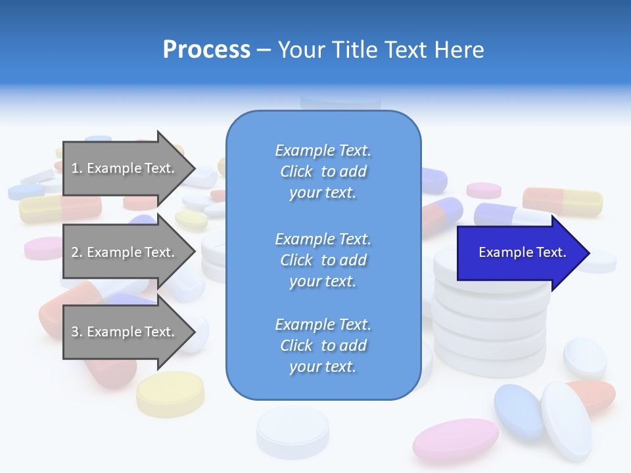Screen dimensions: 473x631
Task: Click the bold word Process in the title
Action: click(x=206, y=50)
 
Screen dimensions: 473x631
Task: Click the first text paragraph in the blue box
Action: click(x=323, y=171)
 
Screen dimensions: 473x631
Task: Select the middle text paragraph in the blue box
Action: click(x=323, y=260)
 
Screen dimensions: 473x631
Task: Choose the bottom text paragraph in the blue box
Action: click(x=323, y=346)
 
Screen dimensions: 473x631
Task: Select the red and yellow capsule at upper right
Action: click(x=563, y=201)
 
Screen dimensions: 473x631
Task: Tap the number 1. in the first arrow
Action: click(x=77, y=168)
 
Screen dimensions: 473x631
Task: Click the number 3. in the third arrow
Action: click(x=77, y=332)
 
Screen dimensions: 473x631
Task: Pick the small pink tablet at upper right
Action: click(x=484, y=190)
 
